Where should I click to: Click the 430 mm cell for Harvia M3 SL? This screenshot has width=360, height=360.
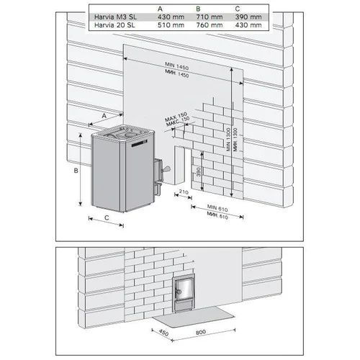point(171,17)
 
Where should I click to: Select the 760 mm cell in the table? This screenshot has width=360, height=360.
point(210,25)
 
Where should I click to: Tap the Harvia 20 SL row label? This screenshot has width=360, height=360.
point(114,25)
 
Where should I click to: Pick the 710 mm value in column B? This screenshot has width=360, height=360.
point(210,17)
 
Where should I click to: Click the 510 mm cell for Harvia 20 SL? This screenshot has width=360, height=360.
point(171,25)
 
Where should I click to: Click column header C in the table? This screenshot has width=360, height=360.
point(238,9)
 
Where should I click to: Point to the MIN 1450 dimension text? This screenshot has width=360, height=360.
point(176,66)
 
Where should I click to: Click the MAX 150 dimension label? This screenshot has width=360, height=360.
point(176,116)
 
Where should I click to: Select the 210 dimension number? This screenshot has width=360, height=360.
point(184,192)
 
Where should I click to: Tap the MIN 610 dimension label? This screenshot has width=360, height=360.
point(217,208)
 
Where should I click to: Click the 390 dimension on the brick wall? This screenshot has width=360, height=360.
point(199,172)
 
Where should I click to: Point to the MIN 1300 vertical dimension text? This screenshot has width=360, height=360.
point(228,140)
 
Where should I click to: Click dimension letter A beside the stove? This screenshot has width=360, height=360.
point(104,116)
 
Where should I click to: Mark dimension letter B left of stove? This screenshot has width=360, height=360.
point(76,171)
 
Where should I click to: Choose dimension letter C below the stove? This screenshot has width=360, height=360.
point(107,217)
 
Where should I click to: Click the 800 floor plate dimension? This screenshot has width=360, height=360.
point(201,332)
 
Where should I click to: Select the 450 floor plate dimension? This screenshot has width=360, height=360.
point(163,333)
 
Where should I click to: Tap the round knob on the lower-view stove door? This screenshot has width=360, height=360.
point(179,292)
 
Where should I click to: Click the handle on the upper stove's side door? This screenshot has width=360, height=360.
point(166,169)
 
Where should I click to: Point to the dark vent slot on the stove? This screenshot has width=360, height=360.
point(139,144)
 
